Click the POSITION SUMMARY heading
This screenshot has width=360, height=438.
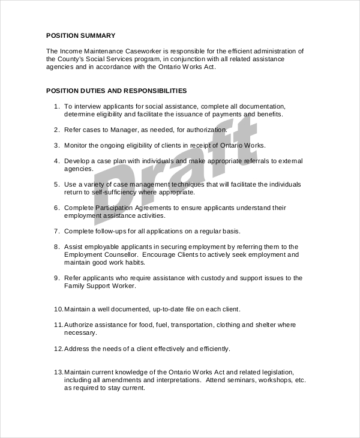point(80,35)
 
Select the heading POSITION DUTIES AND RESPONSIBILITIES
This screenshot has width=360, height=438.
point(116,91)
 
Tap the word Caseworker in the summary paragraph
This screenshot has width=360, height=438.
point(137,50)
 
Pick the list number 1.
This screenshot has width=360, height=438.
point(56,106)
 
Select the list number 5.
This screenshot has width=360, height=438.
point(56,184)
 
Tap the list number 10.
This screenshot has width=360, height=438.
point(58,309)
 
